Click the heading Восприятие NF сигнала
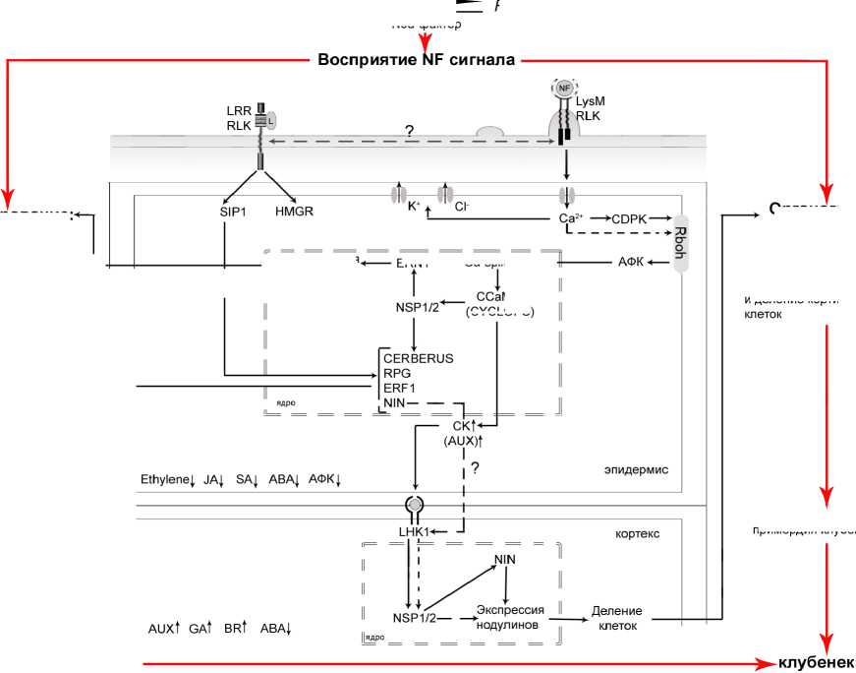416,60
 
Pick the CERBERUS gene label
419,358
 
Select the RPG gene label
396,374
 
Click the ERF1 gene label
399,389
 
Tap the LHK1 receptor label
415,532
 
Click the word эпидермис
636,470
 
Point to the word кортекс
636,533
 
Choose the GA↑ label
200,628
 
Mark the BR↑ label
235,628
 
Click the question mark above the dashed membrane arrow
409,130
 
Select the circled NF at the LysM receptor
563,89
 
